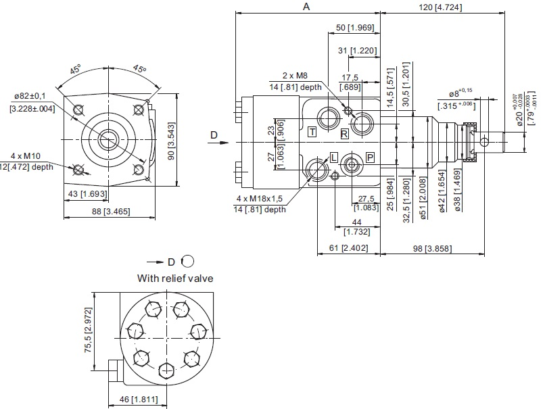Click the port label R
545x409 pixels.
click(344, 134)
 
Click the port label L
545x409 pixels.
click(333, 157)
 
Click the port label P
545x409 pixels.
click(370, 157)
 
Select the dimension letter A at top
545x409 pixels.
click(306, 7)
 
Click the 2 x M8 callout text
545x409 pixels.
click(295, 76)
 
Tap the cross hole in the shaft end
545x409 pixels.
click(484, 141)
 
